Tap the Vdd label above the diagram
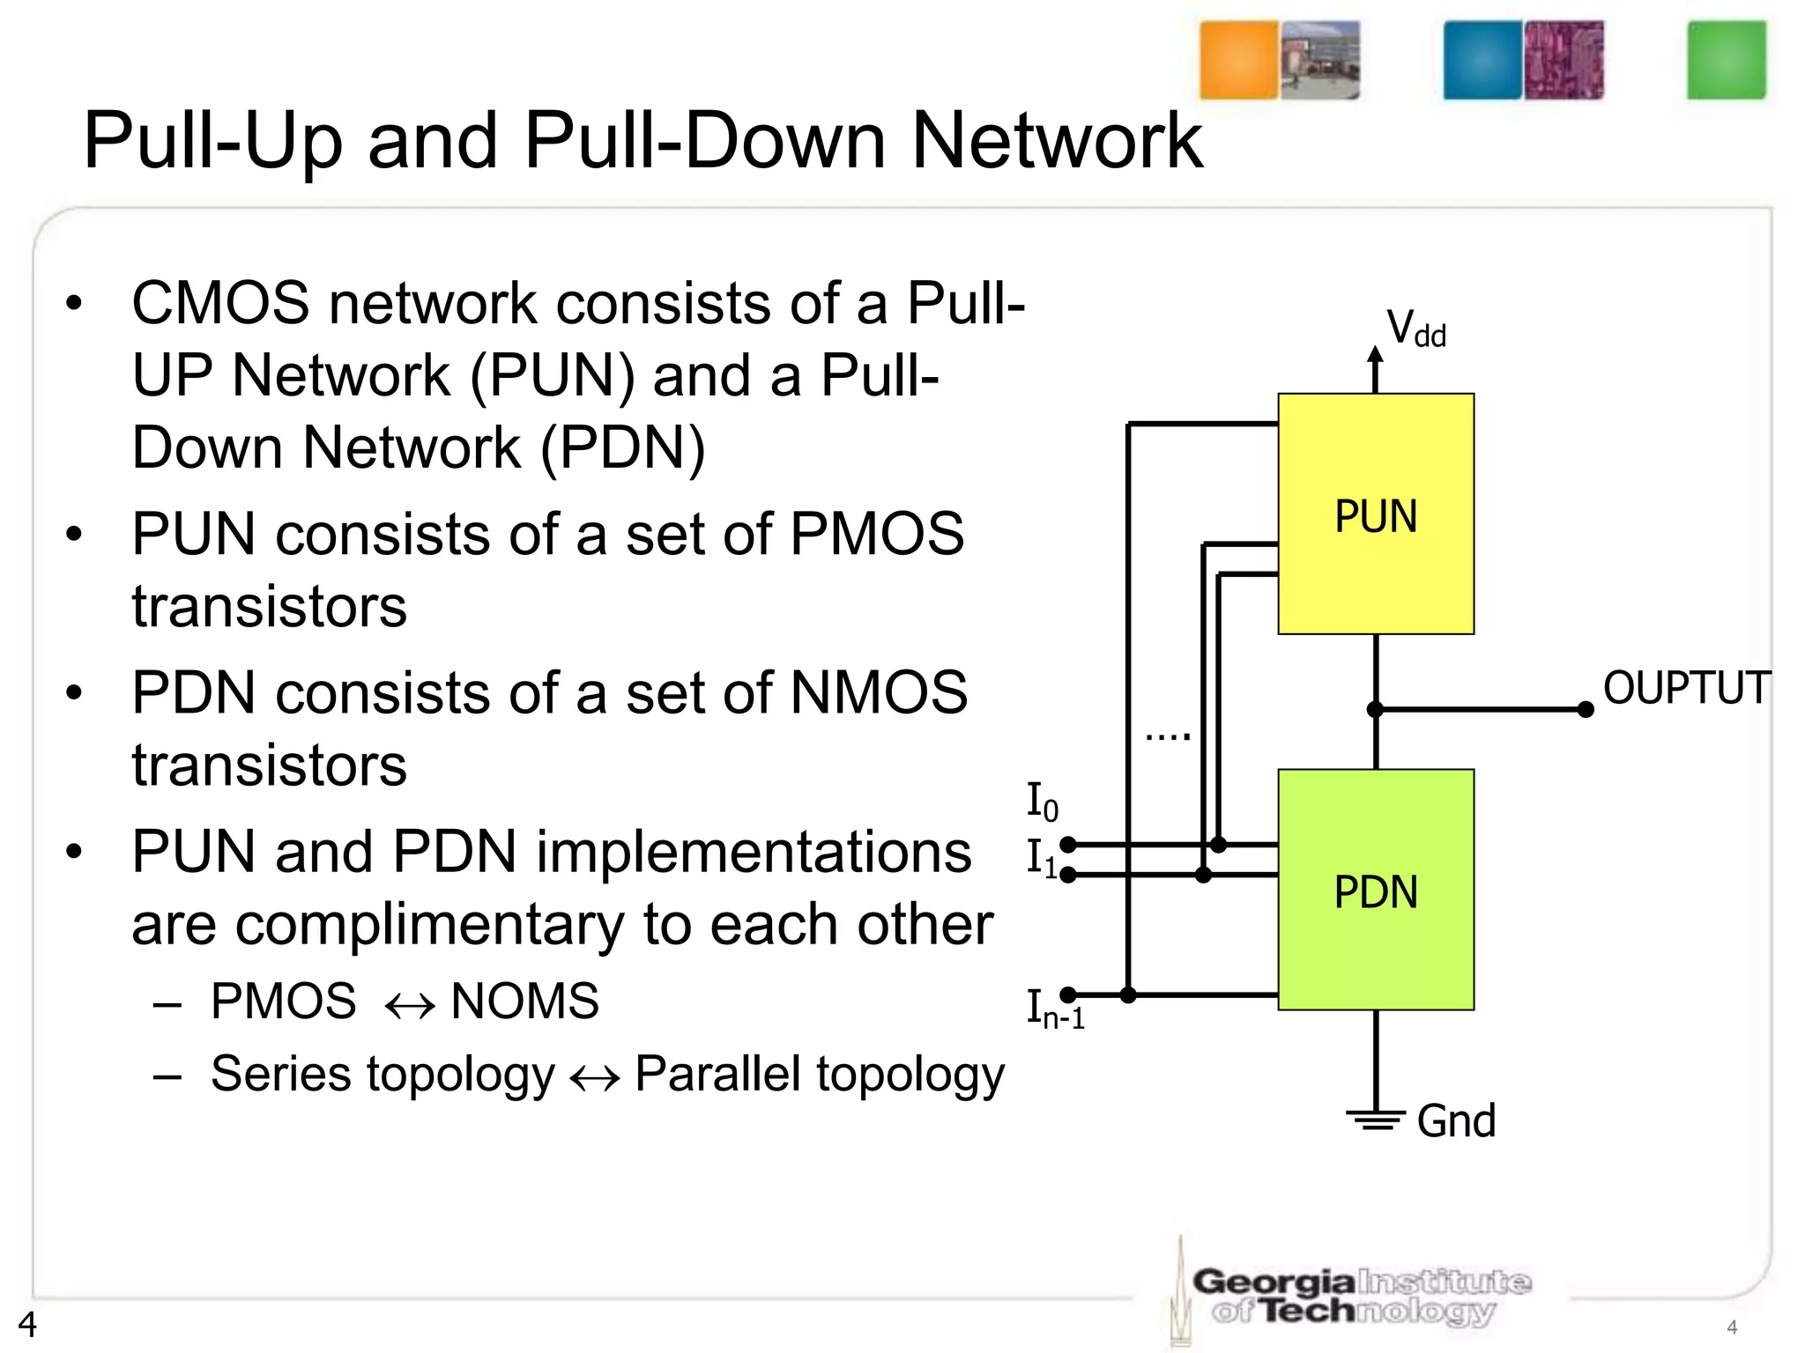coord(1415,329)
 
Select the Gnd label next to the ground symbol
coord(1456,1121)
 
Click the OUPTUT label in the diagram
coord(1686,688)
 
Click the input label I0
coord(1043,801)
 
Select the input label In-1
coord(1054,1009)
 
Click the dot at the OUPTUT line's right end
coord(1585,709)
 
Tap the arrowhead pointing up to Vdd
coord(1375,354)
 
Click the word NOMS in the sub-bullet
coord(524,1002)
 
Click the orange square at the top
coord(1238,60)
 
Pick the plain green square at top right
coord(1726,60)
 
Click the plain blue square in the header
coord(1482,60)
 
